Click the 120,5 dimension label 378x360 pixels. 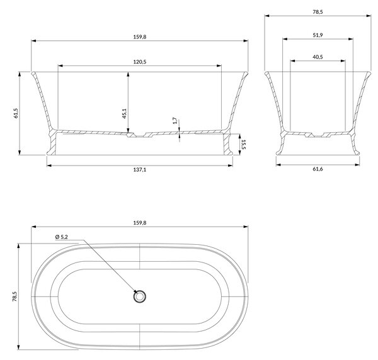tap(140, 62)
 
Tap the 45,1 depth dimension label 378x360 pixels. tap(124, 113)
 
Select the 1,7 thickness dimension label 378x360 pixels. tap(175, 121)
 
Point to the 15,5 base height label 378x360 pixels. tap(243, 145)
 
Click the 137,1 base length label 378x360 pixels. tap(140, 170)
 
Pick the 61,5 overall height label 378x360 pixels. tap(16, 113)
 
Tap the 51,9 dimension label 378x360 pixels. tap(318, 35)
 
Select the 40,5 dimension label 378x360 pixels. tap(318, 57)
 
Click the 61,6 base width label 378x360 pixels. tap(318, 169)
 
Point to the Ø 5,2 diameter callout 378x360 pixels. tap(62, 237)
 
